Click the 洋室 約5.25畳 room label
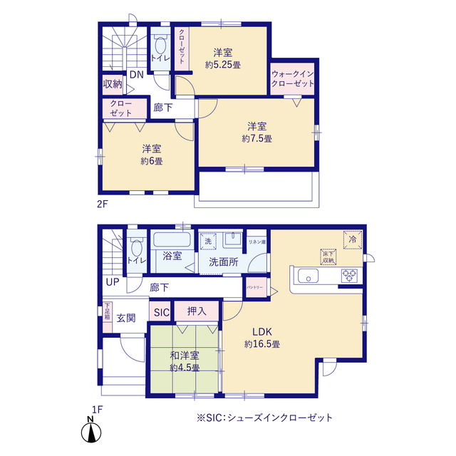(x=222, y=58)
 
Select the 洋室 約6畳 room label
(x=150, y=155)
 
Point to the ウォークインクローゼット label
(x=292, y=78)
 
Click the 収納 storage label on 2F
(x=113, y=84)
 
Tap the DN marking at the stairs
(x=136, y=74)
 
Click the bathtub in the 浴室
(x=170, y=242)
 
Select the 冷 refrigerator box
(x=352, y=239)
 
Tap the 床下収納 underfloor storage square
(x=328, y=256)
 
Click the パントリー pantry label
(x=255, y=287)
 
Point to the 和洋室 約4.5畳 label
(x=184, y=361)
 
